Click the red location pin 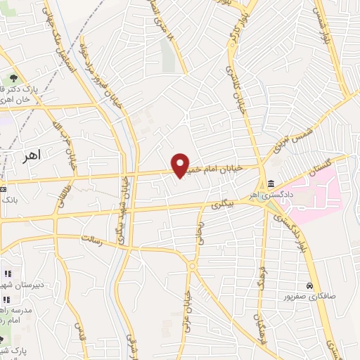coord(181,165)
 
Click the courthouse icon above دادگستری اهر coord(271,184)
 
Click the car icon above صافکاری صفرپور coord(309,286)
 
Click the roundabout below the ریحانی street coord(191,267)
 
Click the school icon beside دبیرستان coord(6,274)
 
